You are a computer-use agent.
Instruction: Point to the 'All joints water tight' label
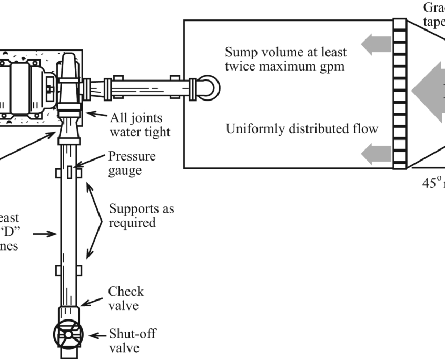(140, 124)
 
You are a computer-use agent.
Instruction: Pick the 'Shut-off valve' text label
(132, 341)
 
